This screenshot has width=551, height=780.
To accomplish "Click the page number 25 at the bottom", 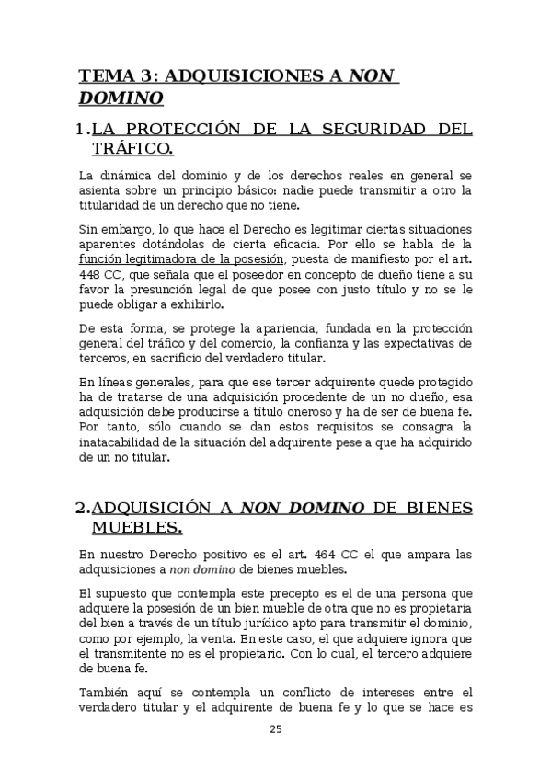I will pos(275,729).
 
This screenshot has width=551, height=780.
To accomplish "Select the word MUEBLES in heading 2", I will pos(136,527).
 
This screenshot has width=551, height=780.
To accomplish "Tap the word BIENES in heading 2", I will pos(437,508).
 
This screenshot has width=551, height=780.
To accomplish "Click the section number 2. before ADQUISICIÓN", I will pos(82,508).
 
